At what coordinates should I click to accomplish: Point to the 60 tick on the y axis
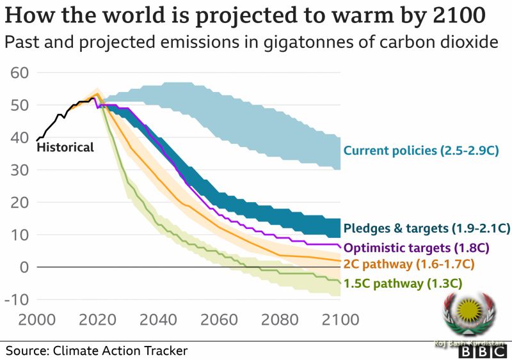20,72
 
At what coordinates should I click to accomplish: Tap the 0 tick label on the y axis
24,267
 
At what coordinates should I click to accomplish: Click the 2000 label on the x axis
31,318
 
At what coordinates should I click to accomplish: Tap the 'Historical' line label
65,148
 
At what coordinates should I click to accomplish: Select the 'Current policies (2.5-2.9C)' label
420,151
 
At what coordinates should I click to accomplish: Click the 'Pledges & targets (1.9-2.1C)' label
426,228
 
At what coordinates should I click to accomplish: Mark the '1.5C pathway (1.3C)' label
403,283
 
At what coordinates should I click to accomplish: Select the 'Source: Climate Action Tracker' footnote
97,350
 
